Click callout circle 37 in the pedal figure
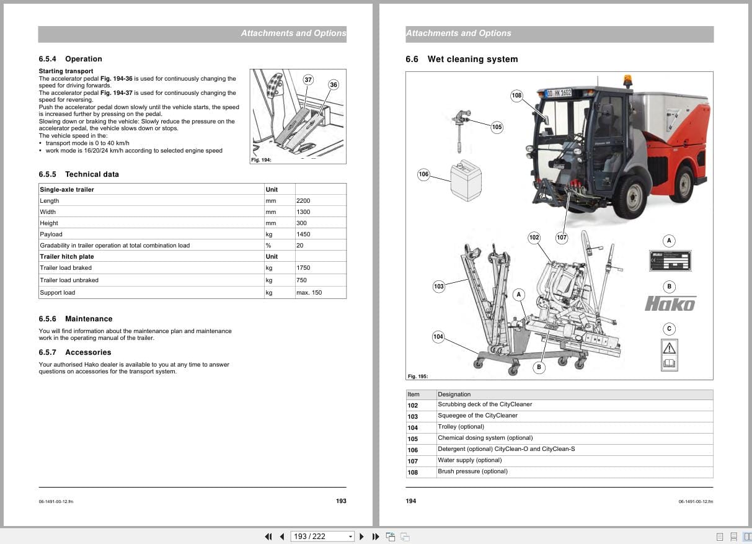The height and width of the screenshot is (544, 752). pyautogui.click(x=308, y=79)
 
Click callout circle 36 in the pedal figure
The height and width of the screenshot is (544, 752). pyautogui.click(x=334, y=84)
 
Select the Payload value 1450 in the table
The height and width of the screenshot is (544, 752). pyautogui.click(x=303, y=234)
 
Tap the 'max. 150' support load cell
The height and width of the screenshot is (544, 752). pyautogui.click(x=309, y=293)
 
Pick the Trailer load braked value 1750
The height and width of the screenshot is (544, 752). pyautogui.click(x=303, y=268)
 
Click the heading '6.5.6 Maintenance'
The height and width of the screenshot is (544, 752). pyautogui.click(x=75, y=319)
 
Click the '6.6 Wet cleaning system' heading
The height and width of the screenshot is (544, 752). pyautogui.click(x=461, y=60)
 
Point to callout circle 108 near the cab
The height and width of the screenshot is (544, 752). pyautogui.click(x=516, y=96)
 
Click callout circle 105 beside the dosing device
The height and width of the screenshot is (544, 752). pyautogui.click(x=497, y=127)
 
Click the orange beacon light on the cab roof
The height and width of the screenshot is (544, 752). pyautogui.click(x=629, y=82)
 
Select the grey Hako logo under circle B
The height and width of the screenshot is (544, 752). pyautogui.click(x=670, y=303)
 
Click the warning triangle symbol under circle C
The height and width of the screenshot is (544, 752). pyautogui.click(x=669, y=347)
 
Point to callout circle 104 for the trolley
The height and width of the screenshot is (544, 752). pyautogui.click(x=438, y=337)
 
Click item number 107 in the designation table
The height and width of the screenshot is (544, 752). pyautogui.click(x=413, y=461)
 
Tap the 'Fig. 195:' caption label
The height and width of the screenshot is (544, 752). pyautogui.click(x=418, y=377)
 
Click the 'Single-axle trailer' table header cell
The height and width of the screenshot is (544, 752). pyautogui.click(x=67, y=189)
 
